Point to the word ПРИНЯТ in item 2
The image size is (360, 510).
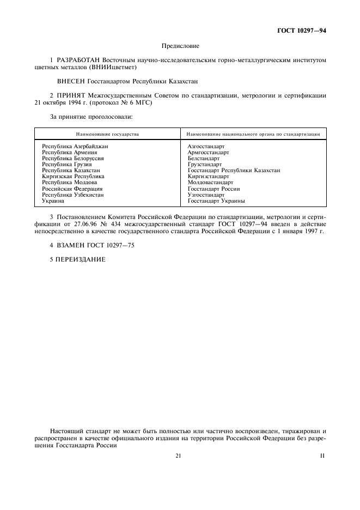coord(68,95)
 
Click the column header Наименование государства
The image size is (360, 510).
coord(107,133)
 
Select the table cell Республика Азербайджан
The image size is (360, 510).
coord(75,147)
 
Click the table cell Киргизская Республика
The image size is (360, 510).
coord(73,177)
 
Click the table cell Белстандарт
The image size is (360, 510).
coord(203,159)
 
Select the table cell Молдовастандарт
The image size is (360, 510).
coord(210,183)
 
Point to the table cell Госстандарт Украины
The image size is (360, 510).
coord(216,201)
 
